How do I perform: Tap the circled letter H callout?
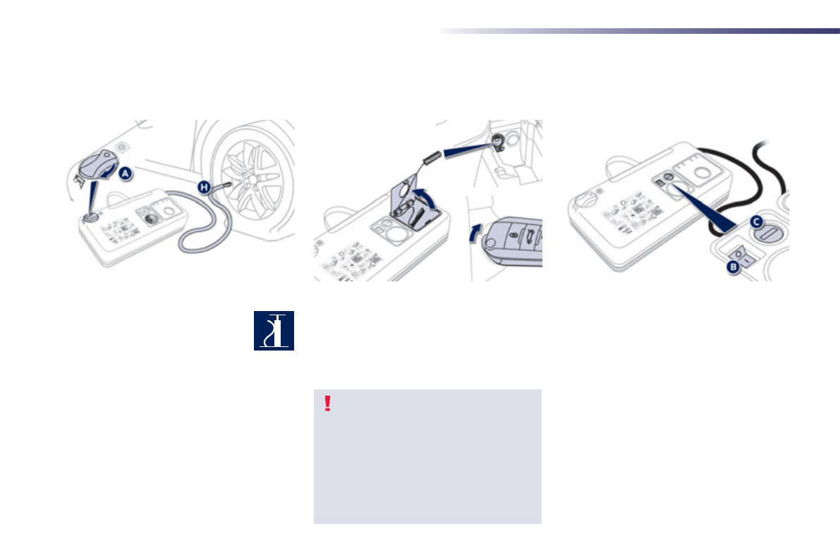(x=205, y=185)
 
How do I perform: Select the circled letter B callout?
(x=733, y=265)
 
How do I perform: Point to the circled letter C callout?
(x=756, y=222)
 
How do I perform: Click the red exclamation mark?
(x=327, y=403)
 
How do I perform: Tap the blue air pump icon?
(x=274, y=331)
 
